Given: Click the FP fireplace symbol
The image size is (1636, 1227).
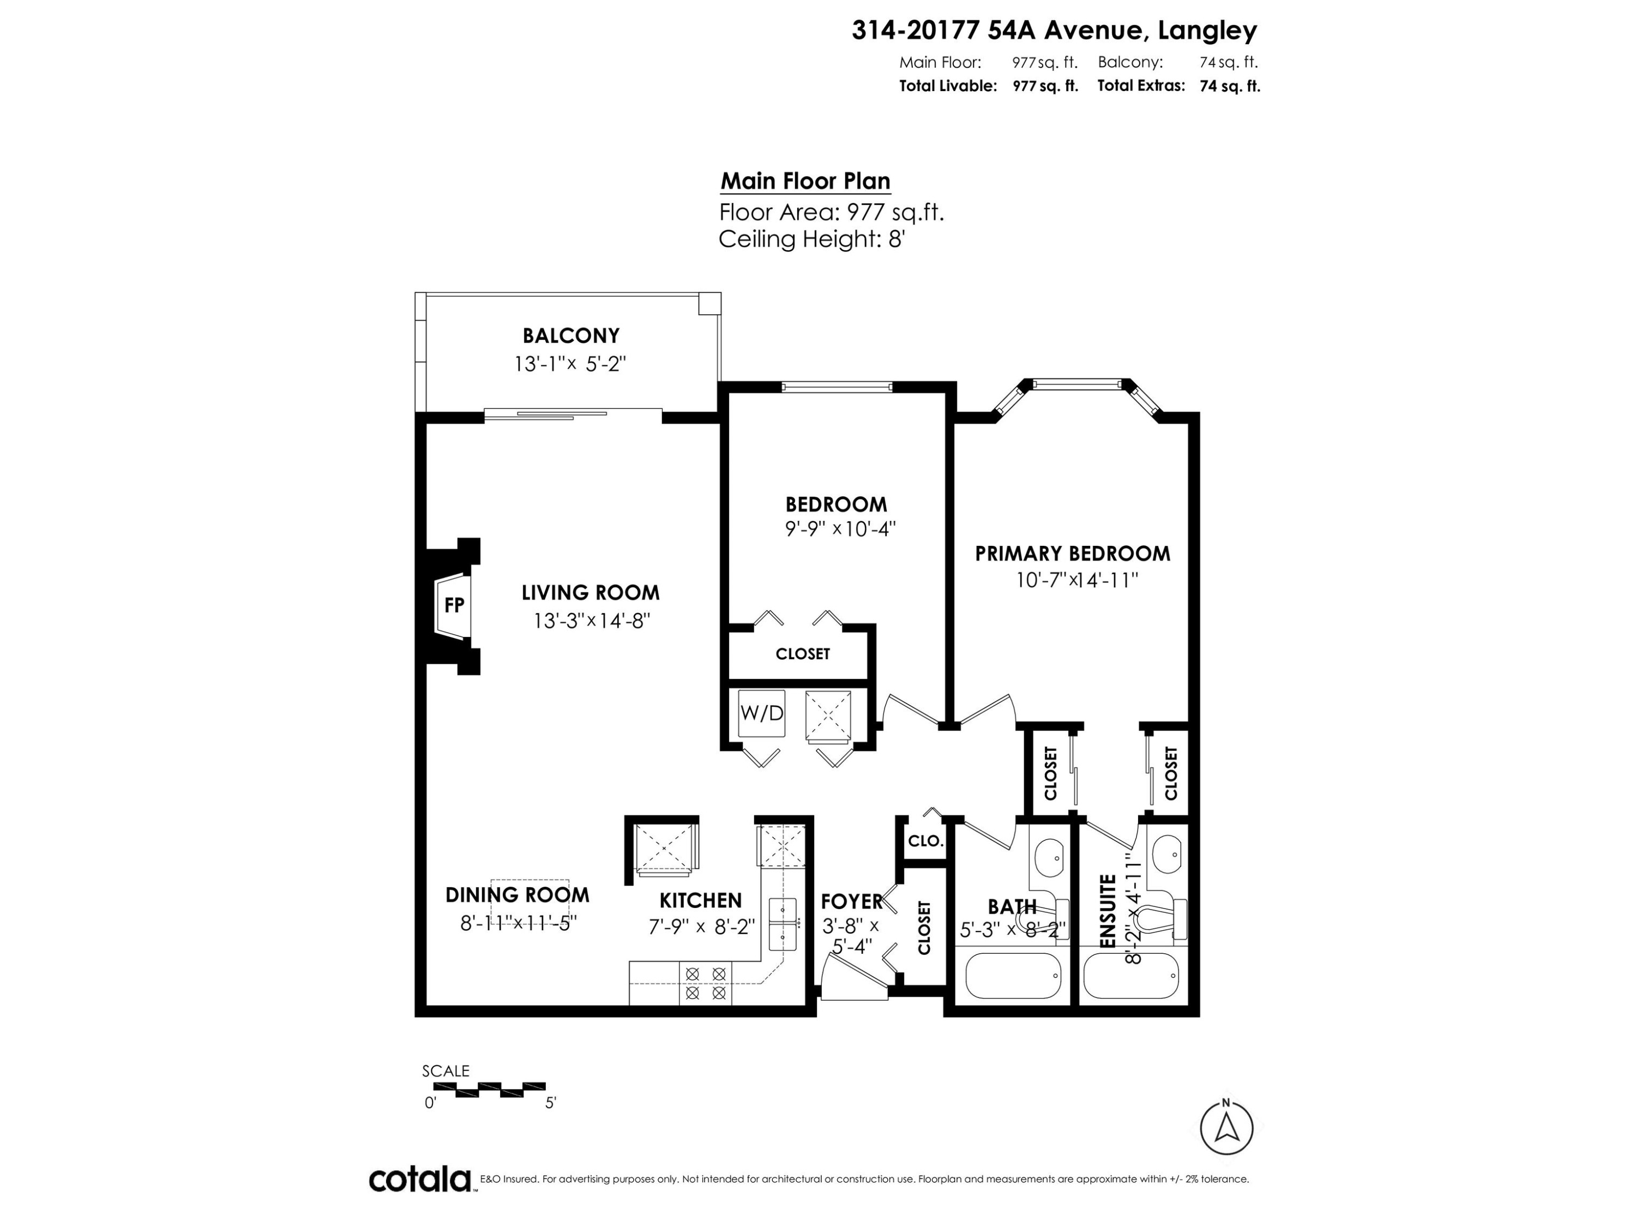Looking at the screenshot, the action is coord(453,606).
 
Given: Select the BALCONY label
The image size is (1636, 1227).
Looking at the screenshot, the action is coord(570,336).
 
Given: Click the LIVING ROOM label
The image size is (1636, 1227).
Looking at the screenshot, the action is coord(590,592).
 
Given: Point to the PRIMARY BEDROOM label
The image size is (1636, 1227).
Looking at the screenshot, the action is coord(1073,553).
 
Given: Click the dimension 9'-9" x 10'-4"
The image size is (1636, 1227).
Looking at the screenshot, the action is coord(840,529).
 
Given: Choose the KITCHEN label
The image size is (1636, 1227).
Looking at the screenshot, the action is coord(700,900).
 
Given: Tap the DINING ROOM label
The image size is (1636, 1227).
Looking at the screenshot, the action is coord(517,895).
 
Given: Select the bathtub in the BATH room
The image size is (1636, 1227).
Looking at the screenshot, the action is coord(1013,976).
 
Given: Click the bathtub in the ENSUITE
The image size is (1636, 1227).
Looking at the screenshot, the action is coord(1131,976).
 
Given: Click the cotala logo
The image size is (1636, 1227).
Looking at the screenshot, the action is coord(420,1180).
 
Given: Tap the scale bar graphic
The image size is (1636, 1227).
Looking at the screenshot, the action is coord(489,1090).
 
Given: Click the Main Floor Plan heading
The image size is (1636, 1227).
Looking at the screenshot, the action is coord(805,181).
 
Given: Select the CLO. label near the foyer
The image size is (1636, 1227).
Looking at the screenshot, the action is coord(925,841).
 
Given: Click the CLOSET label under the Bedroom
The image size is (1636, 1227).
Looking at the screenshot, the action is coord(803,654).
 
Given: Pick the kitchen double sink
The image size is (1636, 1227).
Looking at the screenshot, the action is coord(782,924).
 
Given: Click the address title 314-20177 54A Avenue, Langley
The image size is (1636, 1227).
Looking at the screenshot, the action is coord(1055,31).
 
